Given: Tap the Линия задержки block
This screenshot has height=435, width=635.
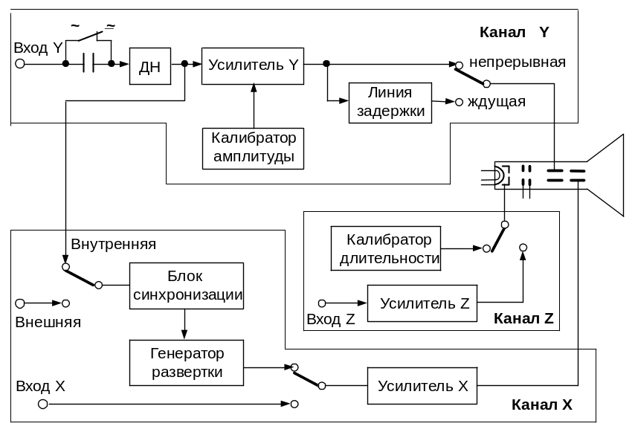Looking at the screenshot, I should coord(390,102).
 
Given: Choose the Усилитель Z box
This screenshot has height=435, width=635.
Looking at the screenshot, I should coord(422,303).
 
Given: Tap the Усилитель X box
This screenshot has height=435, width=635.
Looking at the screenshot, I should coord(422,386).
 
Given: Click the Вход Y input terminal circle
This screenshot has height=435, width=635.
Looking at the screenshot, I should coord(20,65).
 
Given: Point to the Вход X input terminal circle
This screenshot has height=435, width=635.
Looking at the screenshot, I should coord(43,404).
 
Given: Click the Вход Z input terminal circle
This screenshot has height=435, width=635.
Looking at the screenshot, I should coord(322,303).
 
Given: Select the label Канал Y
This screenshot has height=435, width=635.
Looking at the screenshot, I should coord(514,33).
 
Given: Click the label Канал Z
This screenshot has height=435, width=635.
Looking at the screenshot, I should coord(523,320).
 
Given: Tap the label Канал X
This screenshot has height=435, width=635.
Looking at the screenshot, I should coord(542,405).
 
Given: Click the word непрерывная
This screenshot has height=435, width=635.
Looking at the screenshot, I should coord(518,62).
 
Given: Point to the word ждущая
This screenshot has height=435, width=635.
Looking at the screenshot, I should coord(496,102).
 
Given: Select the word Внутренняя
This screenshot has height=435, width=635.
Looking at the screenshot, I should coord(113,244).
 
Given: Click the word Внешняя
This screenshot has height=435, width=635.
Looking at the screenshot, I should coord(48,322).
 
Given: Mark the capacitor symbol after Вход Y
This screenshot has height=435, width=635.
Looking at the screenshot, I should coord(88,65).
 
